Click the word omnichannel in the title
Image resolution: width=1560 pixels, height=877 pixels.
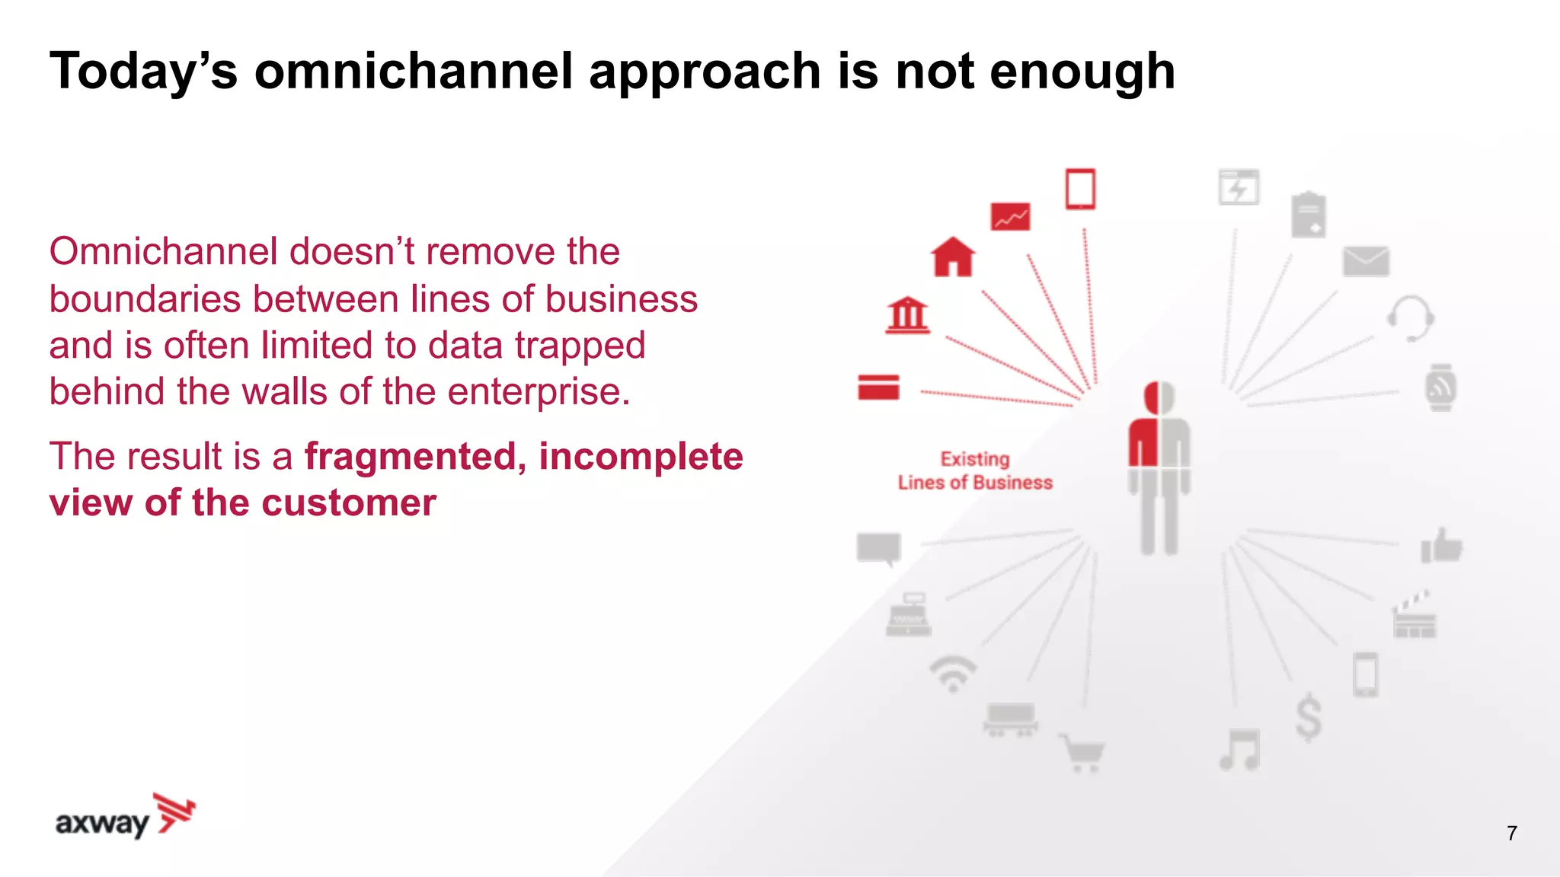point(412,71)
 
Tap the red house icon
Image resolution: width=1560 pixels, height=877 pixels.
point(953,257)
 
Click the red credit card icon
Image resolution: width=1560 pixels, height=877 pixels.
point(878,387)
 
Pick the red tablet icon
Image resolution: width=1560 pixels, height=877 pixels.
point(1080,189)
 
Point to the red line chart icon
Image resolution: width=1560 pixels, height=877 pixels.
point(1010,217)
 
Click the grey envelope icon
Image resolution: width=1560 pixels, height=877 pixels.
point(1366,261)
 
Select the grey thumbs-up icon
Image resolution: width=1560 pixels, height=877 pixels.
point(1441,546)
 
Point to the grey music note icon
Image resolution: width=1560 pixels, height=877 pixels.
point(1240,750)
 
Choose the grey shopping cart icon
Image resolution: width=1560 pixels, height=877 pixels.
point(1082,753)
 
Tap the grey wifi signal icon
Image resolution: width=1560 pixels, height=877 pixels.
point(952,674)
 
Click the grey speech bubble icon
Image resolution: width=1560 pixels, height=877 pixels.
point(879,548)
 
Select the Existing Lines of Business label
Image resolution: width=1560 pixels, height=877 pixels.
point(975,470)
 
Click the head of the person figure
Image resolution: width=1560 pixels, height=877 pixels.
point(1159,398)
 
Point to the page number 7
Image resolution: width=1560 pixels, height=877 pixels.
point(1512,833)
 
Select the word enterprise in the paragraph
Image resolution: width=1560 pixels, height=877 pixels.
point(538,392)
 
